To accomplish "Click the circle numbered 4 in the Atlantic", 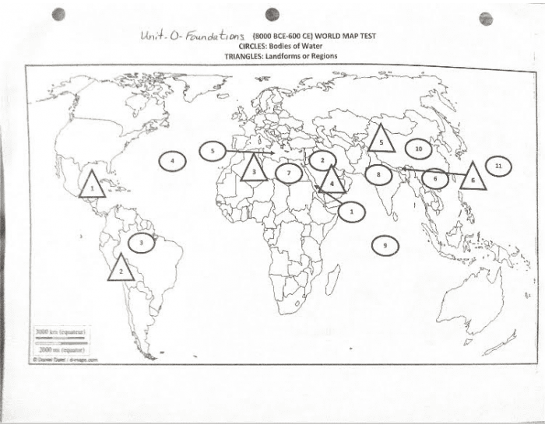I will click(x=172, y=162).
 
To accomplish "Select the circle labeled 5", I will click(x=212, y=151).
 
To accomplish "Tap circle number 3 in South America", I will click(x=142, y=243).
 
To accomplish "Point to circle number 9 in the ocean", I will click(x=384, y=245).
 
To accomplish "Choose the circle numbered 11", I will click(x=498, y=166).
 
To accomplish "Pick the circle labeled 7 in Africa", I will click(x=288, y=172).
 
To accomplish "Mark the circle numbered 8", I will click(x=378, y=175).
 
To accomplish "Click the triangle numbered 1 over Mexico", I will click(x=92, y=186).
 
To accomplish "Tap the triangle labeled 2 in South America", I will click(x=121, y=269).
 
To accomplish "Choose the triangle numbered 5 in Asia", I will click(x=381, y=141).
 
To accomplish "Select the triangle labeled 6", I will click(x=472, y=179).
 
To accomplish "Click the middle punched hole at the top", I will click(x=272, y=14).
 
